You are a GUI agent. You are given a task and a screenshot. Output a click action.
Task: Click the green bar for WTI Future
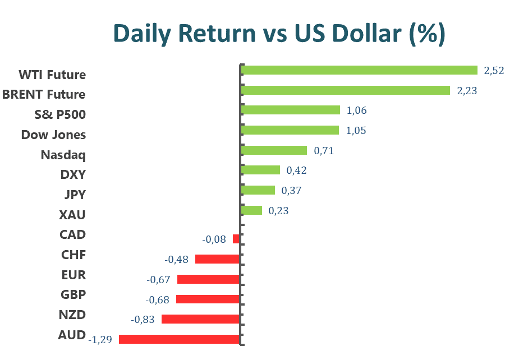pyautogui.click(x=359, y=70)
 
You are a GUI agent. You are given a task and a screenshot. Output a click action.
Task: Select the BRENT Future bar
pyautogui.click(x=345, y=90)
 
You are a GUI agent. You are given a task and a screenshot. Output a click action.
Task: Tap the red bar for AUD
pyautogui.click(x=179, y=339)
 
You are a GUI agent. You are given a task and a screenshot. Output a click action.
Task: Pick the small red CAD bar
pyautogui.click(x=236, y=239)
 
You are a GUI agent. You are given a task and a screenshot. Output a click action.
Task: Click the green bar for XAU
pyautogui.click(x=251, y=210)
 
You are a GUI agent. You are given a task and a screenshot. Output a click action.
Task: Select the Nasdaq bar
pyautogui.click(x=274, y=150)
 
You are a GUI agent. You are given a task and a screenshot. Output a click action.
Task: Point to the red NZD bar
pyautogui.click(x=200, y=319)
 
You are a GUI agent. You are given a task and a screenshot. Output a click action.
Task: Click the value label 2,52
pyautogui.click(x=494, y=71)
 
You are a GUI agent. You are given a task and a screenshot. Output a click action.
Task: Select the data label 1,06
pyautogui.click(x=357, y=110)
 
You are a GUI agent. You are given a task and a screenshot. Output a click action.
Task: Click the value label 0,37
pyautogui.click(x=291, y=191)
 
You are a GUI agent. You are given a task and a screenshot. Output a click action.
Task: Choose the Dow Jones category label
pyautogui.click(x=53, y=135)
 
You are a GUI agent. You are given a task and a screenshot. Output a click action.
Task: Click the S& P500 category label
pyautogui.click(x=60, y=114)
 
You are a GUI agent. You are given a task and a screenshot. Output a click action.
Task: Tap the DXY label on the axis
pyautogui.click(x=73, y=174)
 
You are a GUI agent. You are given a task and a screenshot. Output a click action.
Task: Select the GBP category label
pyautogui.click(x=73, y=294)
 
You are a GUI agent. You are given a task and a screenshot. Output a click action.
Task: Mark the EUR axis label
pyautogui.click(x=74, y=275)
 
